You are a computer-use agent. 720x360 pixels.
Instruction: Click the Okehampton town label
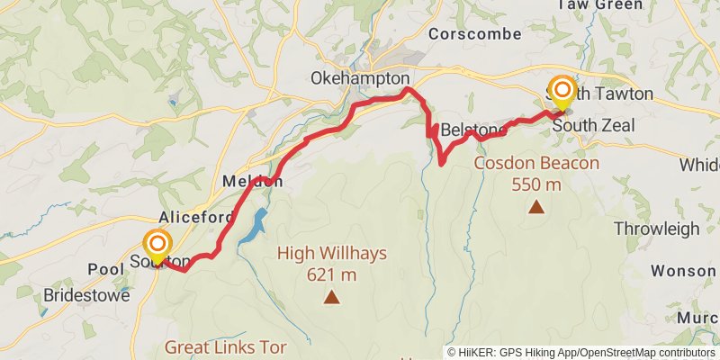359,78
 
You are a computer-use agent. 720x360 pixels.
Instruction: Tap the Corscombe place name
475,33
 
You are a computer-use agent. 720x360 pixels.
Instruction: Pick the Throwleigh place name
656,229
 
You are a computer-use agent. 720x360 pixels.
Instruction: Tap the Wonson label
684,270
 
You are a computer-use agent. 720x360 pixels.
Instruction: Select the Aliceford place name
196,217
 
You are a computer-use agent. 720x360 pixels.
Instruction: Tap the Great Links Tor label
225,346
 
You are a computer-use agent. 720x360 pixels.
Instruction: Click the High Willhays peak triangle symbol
332,296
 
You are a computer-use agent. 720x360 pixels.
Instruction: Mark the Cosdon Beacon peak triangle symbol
536,207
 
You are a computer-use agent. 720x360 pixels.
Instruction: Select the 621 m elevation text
332,274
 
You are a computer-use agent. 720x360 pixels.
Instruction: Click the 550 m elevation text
536,184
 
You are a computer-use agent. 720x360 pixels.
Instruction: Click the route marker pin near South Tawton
563,90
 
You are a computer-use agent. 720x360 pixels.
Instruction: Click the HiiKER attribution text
581,352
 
